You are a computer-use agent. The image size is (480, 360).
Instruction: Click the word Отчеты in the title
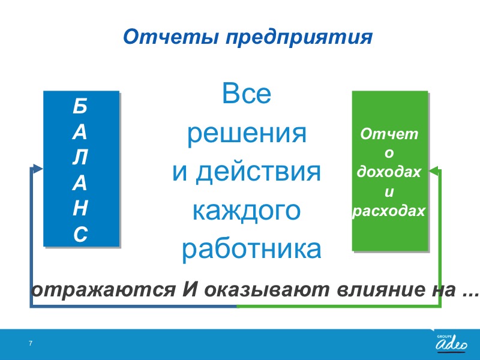[171, 37]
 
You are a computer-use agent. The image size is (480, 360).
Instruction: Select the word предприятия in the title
[299, 38]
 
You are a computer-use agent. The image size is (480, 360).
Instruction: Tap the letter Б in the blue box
[80, 106]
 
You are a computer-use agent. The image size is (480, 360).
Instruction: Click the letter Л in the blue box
[80, 157]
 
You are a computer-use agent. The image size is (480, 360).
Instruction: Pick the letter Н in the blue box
[80, 208]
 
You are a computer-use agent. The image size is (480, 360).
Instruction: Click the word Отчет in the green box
[389, 134]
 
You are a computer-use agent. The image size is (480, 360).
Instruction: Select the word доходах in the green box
[389, 172]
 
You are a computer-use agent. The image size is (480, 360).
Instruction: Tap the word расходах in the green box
[389, 211]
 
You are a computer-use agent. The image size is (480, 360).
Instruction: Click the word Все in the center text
[247, 93]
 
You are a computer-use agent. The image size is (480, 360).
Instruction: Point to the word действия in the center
[258, 172]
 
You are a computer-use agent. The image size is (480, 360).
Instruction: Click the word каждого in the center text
[247, 211]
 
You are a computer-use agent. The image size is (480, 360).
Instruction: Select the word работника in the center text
[251, 249]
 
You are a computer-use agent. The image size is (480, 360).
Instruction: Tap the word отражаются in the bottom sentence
[103, 290]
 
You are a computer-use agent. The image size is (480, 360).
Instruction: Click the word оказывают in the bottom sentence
[267, 290]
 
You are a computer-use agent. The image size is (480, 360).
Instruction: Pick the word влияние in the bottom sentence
[380, 290]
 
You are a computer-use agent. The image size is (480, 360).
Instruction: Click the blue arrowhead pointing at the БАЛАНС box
[37, 169]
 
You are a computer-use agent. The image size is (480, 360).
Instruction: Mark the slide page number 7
[31, 343]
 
